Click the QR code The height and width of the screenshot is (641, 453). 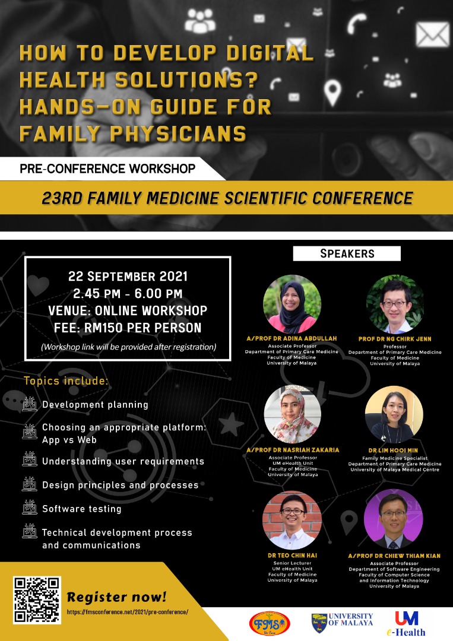tap(37, 599)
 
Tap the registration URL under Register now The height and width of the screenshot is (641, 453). tap(128, 612)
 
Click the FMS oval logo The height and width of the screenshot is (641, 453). tap(270, 624)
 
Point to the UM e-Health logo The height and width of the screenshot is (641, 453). tap(406, 624)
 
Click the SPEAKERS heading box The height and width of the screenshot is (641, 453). tap(347, 253)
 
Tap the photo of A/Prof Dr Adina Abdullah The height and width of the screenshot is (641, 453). tap(292, 304)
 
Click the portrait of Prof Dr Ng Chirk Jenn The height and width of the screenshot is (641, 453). tap(395, 304)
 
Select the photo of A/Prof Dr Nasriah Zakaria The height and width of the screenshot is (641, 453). tap(293, 415)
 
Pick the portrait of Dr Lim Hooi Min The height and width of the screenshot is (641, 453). tap(394, 415)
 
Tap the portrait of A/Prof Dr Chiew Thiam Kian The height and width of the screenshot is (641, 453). tap(393, 519)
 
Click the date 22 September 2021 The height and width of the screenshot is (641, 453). tap(128, 277)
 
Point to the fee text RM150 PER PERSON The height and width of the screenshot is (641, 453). tap(142, 328)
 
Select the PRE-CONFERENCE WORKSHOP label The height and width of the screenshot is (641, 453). tap(107, 169)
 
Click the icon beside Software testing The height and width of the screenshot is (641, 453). tap(30, 507)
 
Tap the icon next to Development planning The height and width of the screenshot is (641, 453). tap(30, 404)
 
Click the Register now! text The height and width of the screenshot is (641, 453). tap(116, 597)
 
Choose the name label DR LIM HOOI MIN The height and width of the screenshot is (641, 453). tap(393, 450)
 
